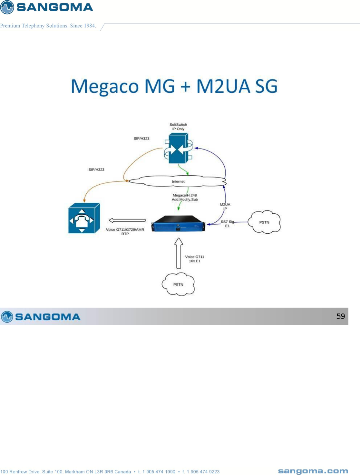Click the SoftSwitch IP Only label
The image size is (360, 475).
pyautogui.click(x=178, y=127)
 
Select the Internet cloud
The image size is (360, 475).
pyautogui.click(x=178, y=181)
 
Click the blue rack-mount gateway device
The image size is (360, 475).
pyautogui.click(x=178, y=223)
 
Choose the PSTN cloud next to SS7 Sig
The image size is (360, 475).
pyautogui.click(x=264, y=222)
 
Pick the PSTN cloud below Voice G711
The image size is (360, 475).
pyautogui.click(x=178, y=284)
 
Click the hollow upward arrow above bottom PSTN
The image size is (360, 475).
pyautogui.click(x=179, y=253)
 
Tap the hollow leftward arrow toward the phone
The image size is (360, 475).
pyautogui.click(x=127, y=220)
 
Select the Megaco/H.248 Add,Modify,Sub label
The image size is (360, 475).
pyautogui.click(x=185, y=197)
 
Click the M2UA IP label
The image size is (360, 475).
pyautogui.click(x=225, y=206)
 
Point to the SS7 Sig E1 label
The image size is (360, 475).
pyautogui.click(x=227, y=224)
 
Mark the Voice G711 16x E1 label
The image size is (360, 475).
pyautogui.click(x=195, y=259)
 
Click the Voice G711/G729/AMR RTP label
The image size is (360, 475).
pyautogui.click(x=125, y=231)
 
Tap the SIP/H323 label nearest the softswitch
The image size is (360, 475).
pyautogui.click(x=141, y=138)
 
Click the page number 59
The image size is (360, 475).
pyautogui.click(x=341, y=316)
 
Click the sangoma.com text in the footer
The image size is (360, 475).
pyautogui.click(x=313, y=471)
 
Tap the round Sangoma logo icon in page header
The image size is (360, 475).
pyautogui.click(x=7, y=7)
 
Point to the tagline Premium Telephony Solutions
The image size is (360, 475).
pyautogui.click(x=48, y=26)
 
